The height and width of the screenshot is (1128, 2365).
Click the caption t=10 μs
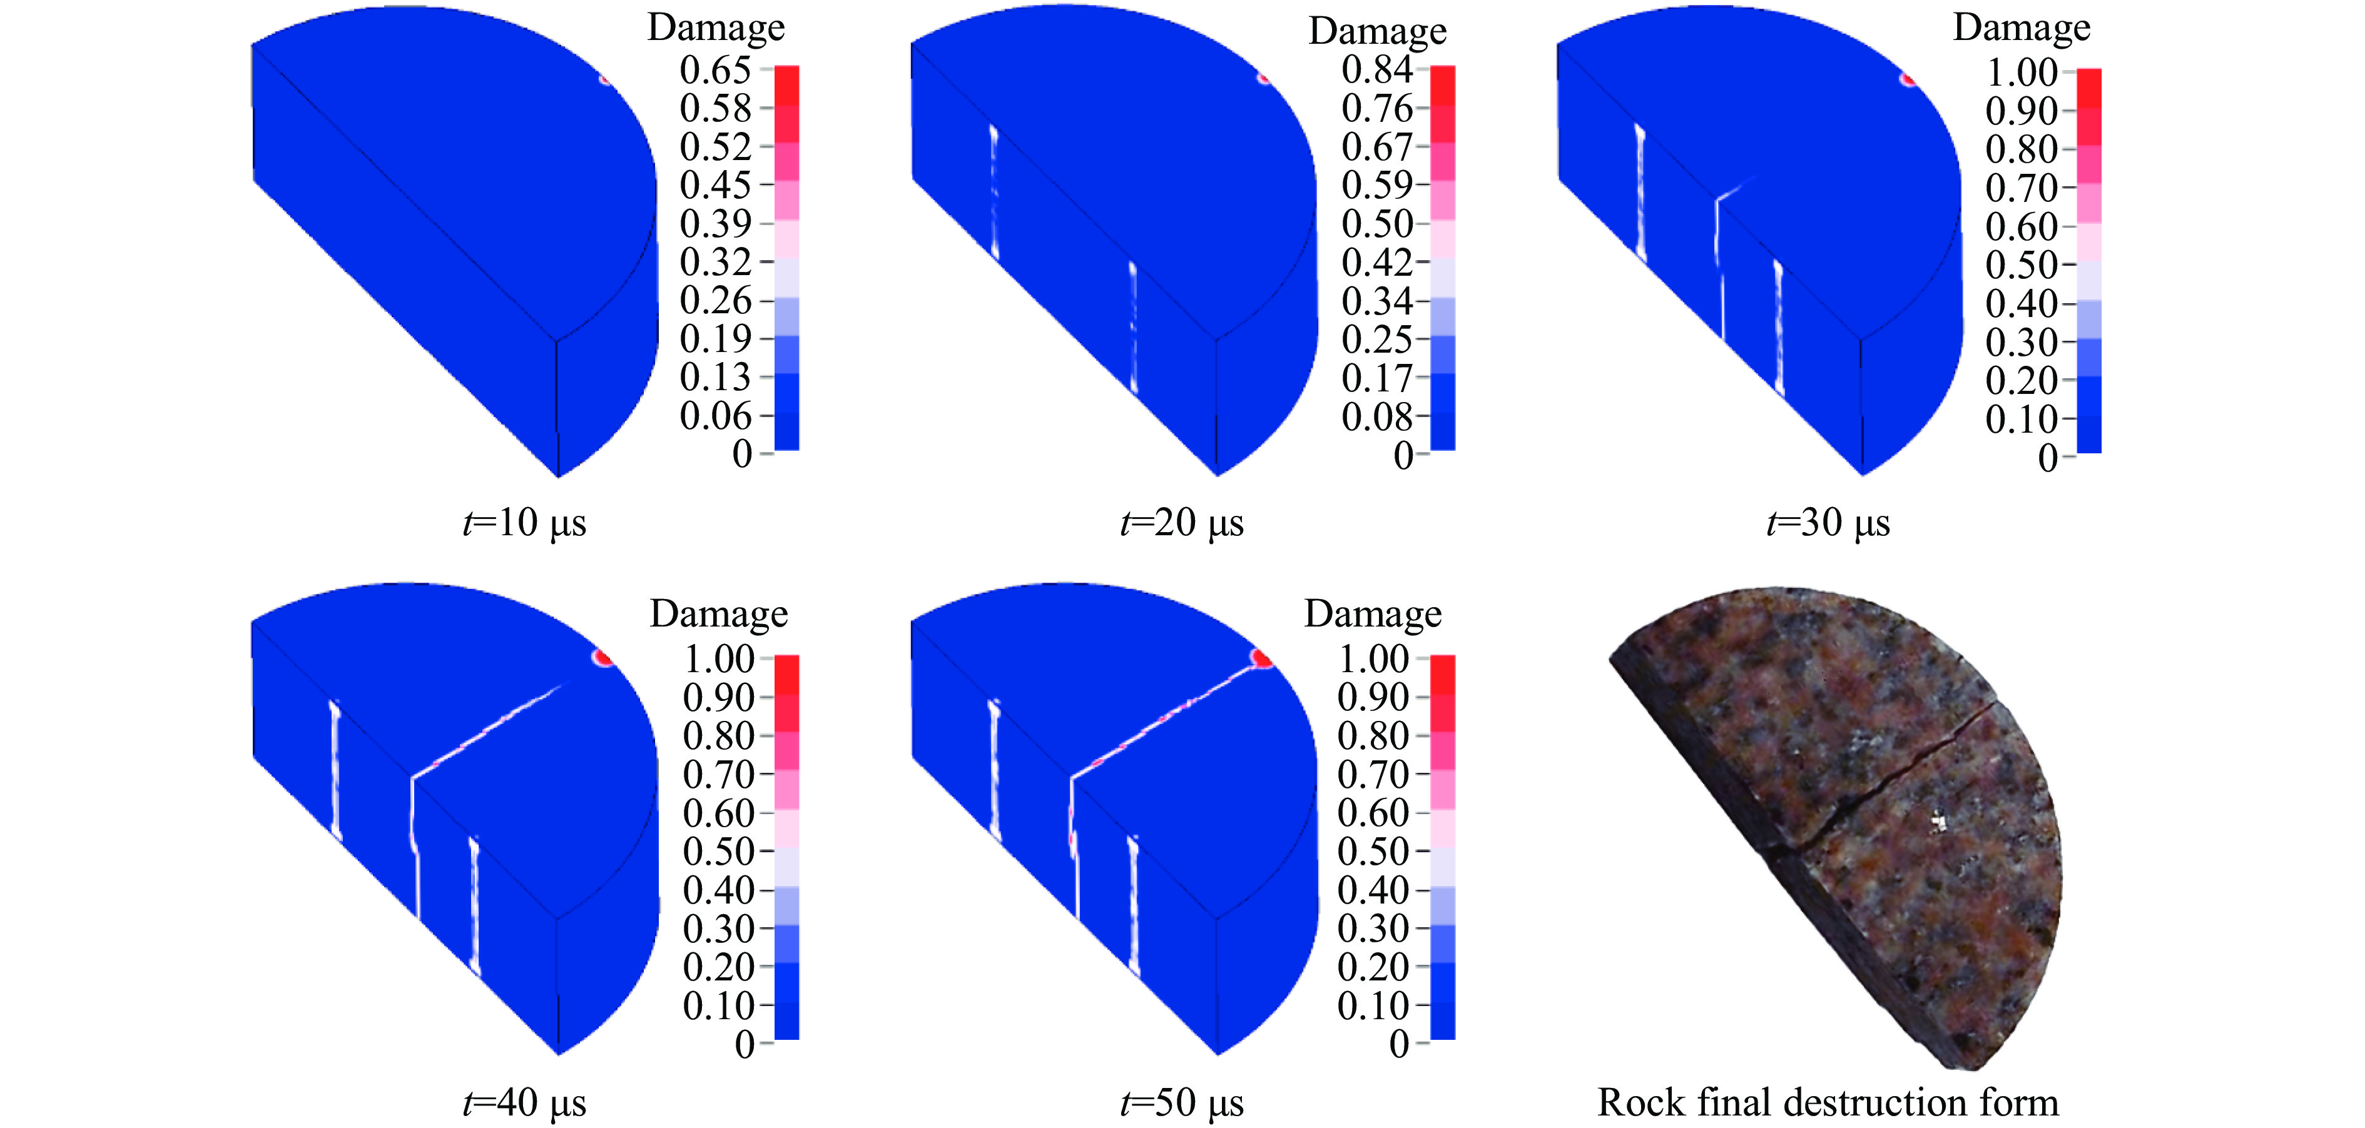(x=524, y=523)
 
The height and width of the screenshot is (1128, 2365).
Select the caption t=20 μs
(x=1182, y=523)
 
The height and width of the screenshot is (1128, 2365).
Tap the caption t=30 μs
(x=1828, y=523)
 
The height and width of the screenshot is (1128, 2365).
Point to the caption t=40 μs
(x=524, y=1102)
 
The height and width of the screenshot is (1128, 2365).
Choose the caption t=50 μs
(x=1182, y=1102)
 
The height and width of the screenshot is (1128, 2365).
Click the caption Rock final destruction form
(x=1828, y=1102)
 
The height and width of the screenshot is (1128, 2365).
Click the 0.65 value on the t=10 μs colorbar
(x=715, y=70)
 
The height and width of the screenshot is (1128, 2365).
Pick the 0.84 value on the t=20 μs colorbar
(x=1377, y=70)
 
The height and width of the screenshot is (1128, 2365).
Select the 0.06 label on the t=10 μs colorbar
(x=715, y=416)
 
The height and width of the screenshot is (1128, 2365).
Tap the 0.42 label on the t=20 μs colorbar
(x=1377, y=263)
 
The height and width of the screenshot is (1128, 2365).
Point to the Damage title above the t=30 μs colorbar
(x=2022, y=28)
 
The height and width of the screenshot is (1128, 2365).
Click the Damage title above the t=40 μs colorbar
(x=719, y=613)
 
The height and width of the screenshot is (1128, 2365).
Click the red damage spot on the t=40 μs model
(x=603, y=657)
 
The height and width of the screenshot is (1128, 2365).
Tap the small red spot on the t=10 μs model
(x=606, y=79)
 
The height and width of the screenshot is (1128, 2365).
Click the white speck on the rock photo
(x=1938, y=822)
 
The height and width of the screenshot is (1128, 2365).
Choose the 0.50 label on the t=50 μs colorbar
(x=1373, y=852)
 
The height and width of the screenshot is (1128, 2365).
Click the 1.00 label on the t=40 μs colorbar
(x=719, y=659)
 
